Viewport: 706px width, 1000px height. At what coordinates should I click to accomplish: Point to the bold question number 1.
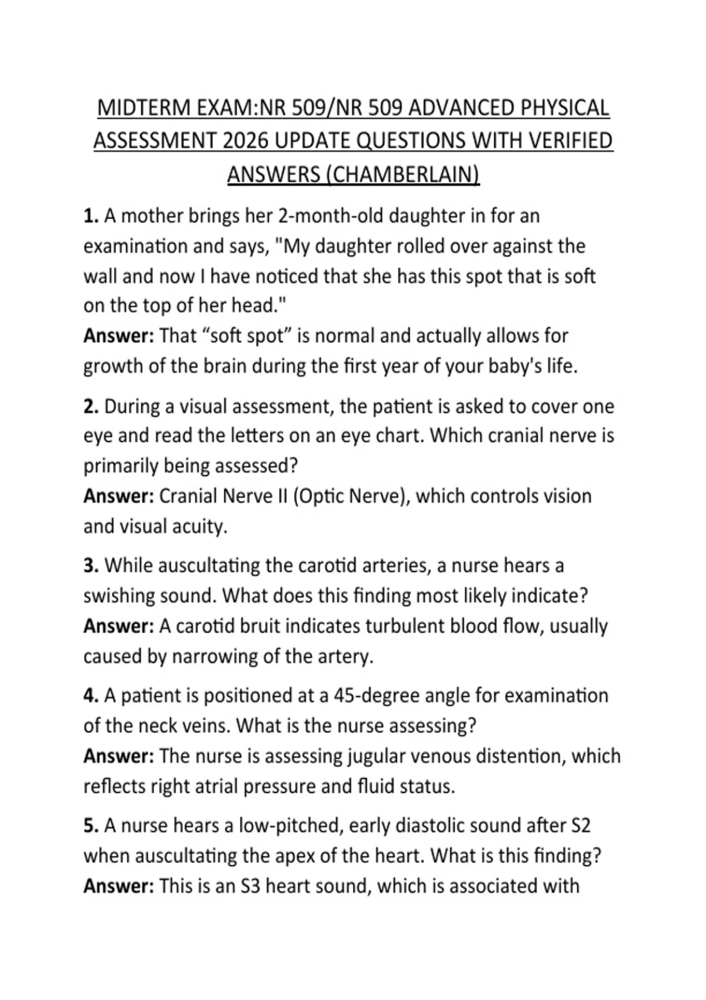point(90,216)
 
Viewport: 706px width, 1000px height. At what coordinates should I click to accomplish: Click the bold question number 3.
point(90,566)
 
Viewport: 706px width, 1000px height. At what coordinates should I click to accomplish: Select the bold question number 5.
point(90,826)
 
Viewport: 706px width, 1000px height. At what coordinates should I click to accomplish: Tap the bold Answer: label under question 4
point(118,756)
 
